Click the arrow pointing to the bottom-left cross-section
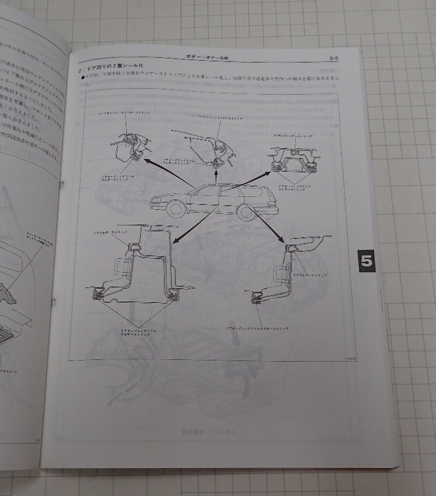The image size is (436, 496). tap(192, 226)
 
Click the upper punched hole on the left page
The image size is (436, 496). tap(61, 185)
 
